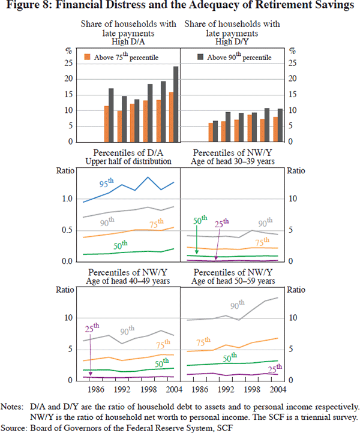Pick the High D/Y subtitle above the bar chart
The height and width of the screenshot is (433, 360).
[234, 41]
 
